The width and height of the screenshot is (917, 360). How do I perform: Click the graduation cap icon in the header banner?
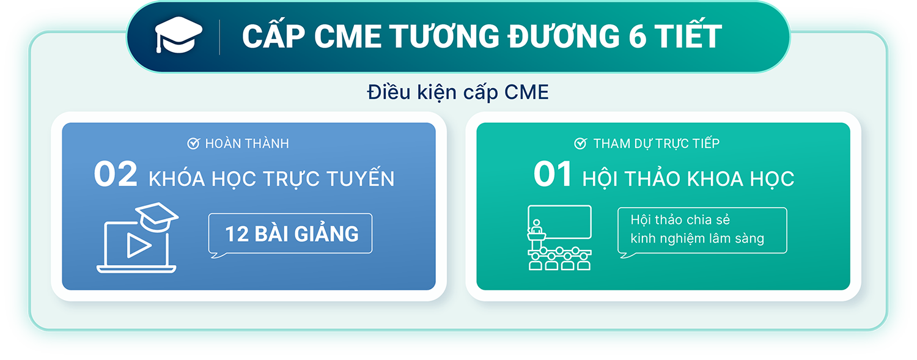click(x=179, y=34)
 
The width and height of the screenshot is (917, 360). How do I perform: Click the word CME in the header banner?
click(x=348, y=37)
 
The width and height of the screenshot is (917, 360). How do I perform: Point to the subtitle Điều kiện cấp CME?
click(x=458, y=92)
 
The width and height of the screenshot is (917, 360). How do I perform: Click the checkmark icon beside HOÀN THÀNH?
click(x=193, y=143)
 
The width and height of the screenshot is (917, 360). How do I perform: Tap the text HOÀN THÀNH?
click(x=247, y=144)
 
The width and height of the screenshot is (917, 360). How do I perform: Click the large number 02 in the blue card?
click(x=116, y=174)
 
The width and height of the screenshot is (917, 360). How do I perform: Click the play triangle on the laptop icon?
click(x=138, y=246)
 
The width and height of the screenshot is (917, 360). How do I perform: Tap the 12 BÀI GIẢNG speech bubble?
click(x=290, y=235)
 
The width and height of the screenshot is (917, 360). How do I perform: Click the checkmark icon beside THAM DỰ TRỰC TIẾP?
click(x=581, y=143)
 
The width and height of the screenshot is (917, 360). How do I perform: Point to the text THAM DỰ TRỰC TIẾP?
click(x=656, y=143)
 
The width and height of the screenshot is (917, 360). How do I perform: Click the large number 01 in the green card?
click(x=553, y=174)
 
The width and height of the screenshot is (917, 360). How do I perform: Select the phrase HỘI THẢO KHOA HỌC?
click(x=688, y=178)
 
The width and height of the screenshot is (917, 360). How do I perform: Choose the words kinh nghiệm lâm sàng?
click(x=697, y=238)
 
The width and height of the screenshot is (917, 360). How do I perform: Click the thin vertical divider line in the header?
click(x=220, y=37)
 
